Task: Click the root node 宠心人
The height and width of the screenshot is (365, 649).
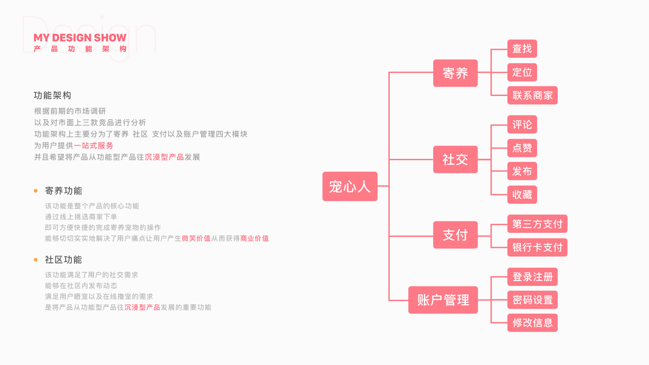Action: pos(350,186)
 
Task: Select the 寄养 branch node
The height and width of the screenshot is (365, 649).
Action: pos(455,73)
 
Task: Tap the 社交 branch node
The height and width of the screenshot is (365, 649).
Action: pos(455,159)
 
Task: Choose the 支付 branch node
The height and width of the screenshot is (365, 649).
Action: pos(455,235)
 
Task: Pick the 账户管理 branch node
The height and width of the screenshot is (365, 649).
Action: pos(443,300)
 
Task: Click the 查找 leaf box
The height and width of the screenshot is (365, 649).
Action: pos(522,49)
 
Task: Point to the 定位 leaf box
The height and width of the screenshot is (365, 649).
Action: pos(522,72)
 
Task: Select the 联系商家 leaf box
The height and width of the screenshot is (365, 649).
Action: pos(532,96)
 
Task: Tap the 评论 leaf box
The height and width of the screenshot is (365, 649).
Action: pos(522,125)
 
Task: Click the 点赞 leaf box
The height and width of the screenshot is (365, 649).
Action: pos(522,148)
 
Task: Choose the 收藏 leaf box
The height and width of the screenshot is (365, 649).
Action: pos(522,195)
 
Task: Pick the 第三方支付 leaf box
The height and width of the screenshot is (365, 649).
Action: pos(537,224)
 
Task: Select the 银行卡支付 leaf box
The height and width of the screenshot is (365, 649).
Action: pos(537,248)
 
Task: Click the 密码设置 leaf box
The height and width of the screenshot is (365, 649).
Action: pos(532,300)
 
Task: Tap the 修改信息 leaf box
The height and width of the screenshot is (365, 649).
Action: pos(532,323)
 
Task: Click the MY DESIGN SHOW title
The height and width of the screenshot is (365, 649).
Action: pos(80,38)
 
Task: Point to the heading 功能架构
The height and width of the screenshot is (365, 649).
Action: pos(52,96)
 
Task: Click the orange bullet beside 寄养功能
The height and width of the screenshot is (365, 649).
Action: pos(36,191)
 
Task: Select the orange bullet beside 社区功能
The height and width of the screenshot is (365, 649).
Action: pos(36,260)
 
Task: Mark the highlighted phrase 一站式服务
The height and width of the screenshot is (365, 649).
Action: pos(94,145)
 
